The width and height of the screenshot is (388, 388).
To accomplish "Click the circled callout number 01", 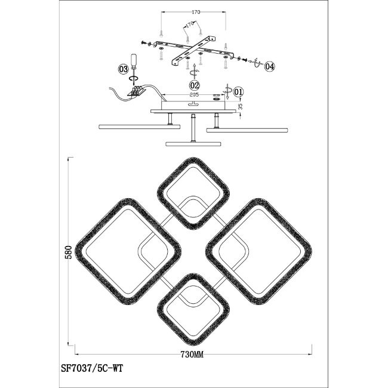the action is pyautogui.click(x=238, y=92).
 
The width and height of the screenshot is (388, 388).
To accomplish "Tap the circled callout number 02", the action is pyautogui.click(x=195, y=85).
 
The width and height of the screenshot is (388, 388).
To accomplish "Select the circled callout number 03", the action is pyautogui.click(x=123, y=69).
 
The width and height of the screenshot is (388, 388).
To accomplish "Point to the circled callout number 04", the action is pyautogui.click(x=269, y=66).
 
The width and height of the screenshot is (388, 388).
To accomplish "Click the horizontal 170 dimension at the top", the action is pyautogui.click(x=196, y=12).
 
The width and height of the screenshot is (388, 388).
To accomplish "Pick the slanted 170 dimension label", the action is pyautogui.click(x=189, y=24).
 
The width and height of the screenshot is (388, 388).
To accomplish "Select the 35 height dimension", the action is pyautogui.click(x=241, y=107).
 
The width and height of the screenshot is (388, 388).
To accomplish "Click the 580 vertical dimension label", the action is pyautogui.click(x=69, y=252).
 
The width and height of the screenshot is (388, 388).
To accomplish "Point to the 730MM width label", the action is pyautogui.click(x=192, y=355).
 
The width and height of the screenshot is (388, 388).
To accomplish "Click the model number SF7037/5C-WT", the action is pyautogui.click(x=92, y=369).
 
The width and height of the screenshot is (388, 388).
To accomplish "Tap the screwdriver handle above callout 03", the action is pyautogui.click(x=134, y=59).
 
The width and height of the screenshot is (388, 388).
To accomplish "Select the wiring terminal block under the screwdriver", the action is pyautogui.click(x=136, y=91).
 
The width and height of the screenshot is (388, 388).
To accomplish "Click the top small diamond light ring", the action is pyautogui.click(x=193, y=193).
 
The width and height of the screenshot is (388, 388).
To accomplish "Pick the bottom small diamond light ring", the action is pyautogui.click(x=193, y=309).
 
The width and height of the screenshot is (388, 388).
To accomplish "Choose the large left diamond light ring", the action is pyautogui.click(x=128, y=251).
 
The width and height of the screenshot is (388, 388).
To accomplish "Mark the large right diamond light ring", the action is pyautogui.click(x=258, y=252).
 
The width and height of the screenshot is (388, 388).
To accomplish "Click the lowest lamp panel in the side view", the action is pyautogui.click(x=193, y=144).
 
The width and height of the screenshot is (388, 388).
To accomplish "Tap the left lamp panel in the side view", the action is pyautogui.click(x=139, y=127).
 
